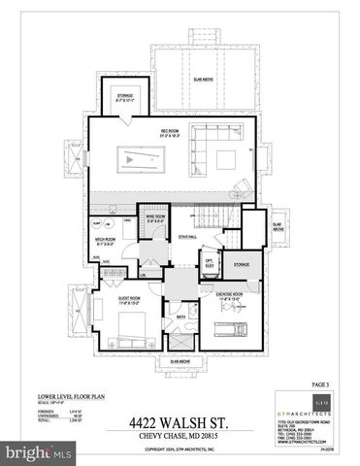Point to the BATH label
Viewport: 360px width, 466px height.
180,316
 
